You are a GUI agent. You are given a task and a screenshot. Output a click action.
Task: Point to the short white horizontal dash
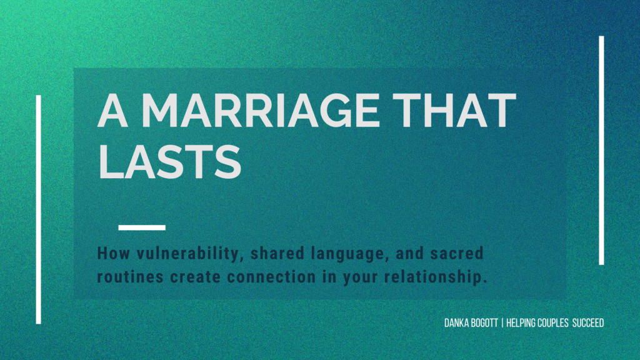pyautogui.click(x=142, y=227)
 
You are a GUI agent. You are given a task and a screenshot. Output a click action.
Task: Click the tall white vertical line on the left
pyautogui.click(x=39, y=209)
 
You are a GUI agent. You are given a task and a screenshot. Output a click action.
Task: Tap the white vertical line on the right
pyautogui.click(x=601, y=150)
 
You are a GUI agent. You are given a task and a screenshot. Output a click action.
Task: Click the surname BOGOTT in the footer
pyautogui.click(x=484, y=323)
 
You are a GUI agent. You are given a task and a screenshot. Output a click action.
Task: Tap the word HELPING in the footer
pyautogui.click(x=524, y=323)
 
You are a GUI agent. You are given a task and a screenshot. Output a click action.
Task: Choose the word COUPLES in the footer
pyautogui.click(x=556, y=323)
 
